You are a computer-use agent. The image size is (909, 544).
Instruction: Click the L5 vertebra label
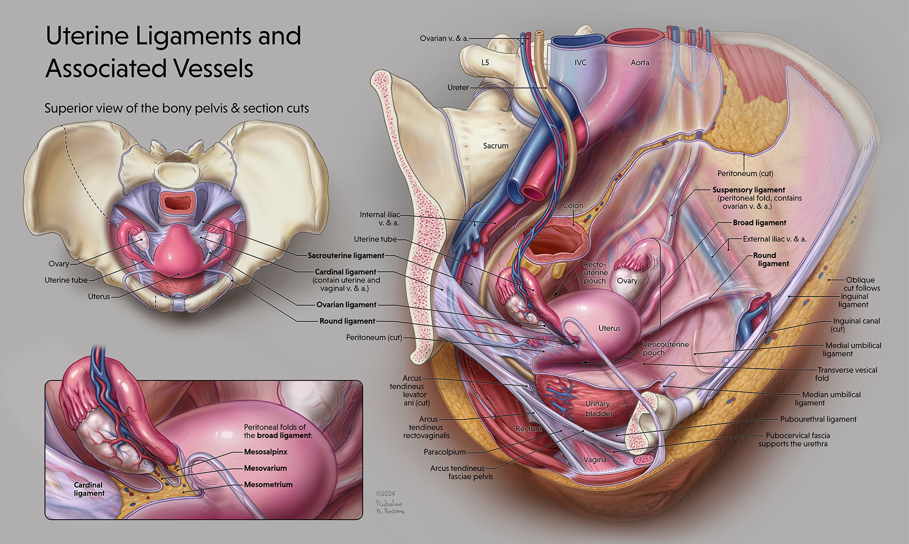(485, 63)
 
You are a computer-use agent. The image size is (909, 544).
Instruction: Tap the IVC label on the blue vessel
(580, 63)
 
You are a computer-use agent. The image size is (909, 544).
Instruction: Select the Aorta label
(640, 63)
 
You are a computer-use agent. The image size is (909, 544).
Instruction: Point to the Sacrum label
(495, 146)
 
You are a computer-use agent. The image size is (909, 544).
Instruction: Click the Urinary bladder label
(598, 409)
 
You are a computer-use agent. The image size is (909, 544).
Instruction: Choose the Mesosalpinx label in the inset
(265, 452)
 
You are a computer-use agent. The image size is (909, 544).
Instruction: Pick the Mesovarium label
(265, 468)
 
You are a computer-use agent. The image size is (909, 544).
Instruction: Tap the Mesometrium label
(268, 485)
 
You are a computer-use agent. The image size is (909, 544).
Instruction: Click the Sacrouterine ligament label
(346, 256)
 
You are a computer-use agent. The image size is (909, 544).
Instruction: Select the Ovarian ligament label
(346, 305)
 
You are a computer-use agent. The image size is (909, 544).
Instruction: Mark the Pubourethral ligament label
(818, 419)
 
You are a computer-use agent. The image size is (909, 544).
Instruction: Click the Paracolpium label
(444, 452)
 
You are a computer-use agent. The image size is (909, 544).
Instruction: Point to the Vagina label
(595, 460)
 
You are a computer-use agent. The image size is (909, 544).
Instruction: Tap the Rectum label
(528, 429)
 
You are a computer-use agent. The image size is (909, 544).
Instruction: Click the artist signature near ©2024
(390, 507)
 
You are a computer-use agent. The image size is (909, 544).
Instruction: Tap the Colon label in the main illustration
(573, 206)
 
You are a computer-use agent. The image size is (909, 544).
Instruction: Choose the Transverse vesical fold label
(847, 374)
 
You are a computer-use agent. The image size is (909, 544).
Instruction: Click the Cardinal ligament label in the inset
(89, 489)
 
